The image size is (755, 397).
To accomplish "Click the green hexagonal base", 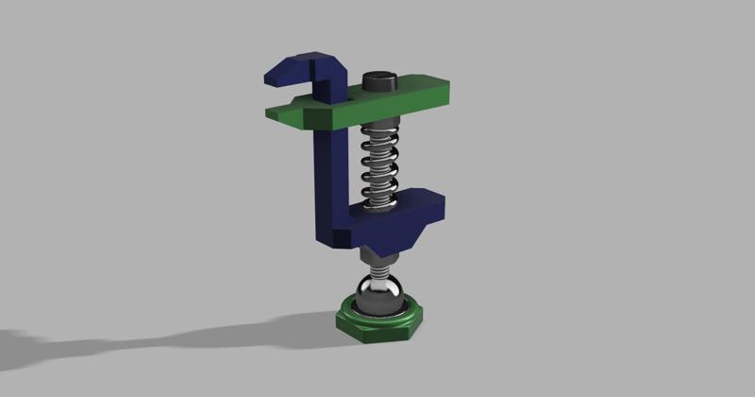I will pyautogui.click(x=378, y=327).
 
